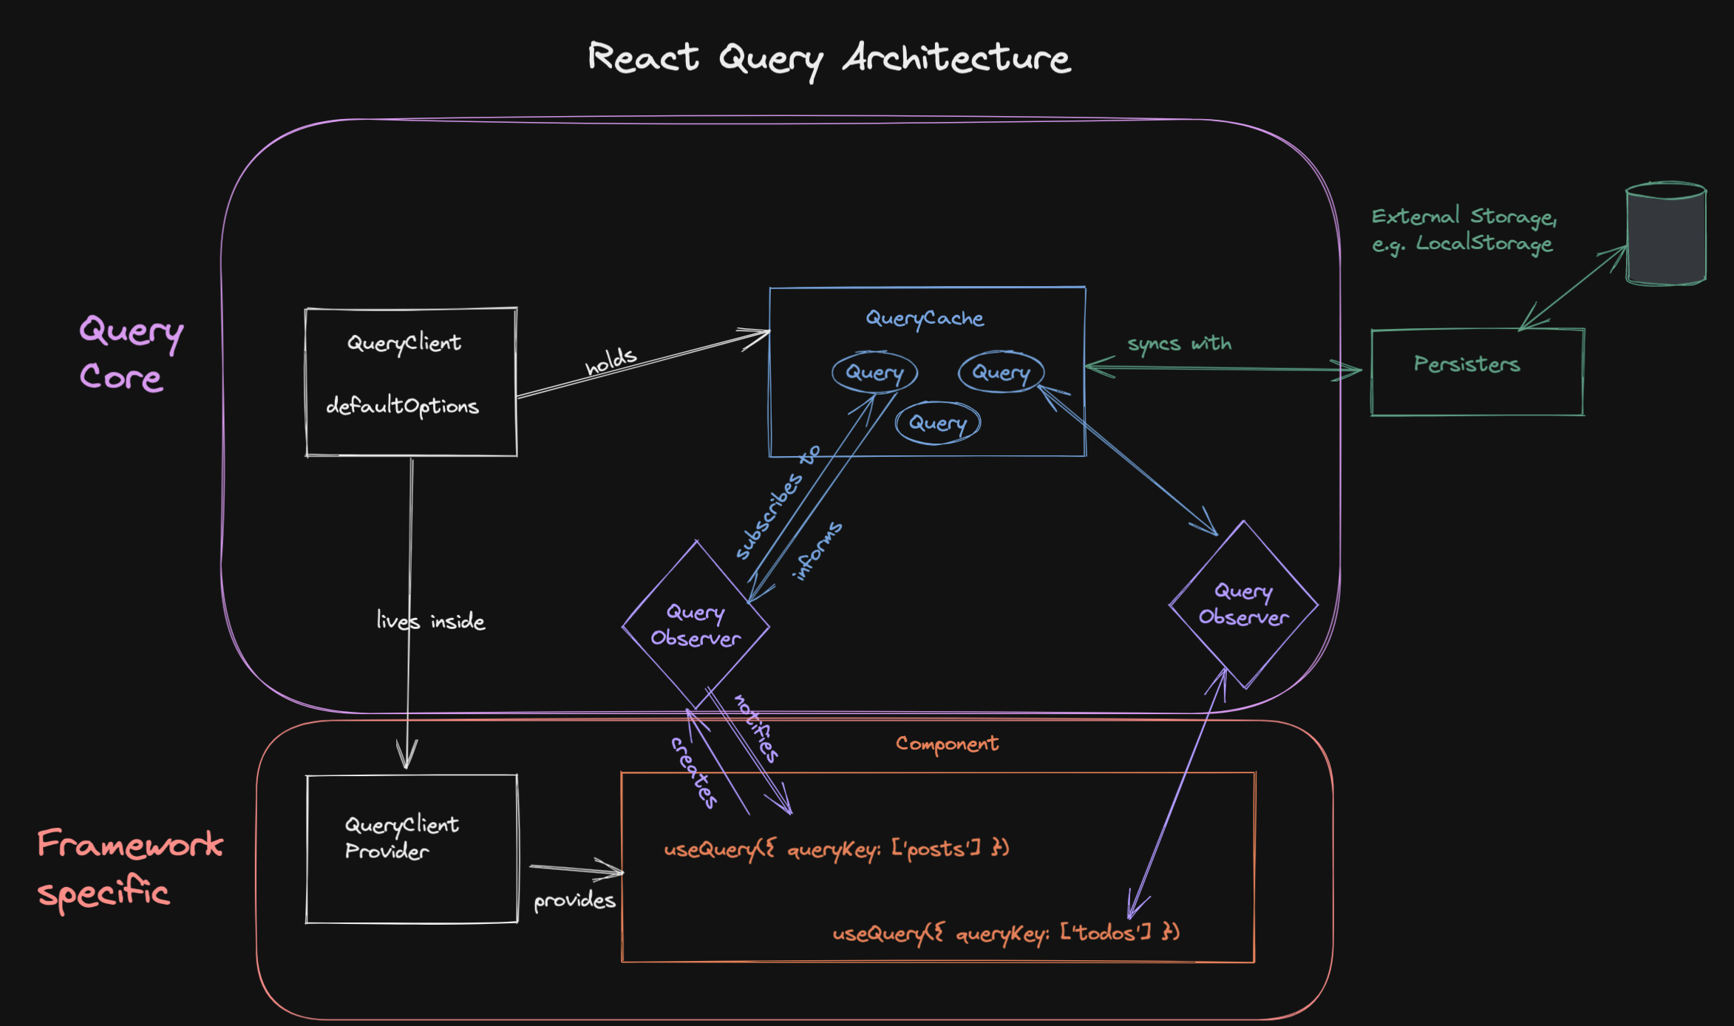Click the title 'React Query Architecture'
coord(829,59)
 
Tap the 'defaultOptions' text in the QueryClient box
coord(403,406)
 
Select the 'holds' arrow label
coord(611,361)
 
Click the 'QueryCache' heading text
coord(925,319)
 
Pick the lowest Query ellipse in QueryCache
coord(937,424)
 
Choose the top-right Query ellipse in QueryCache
coord(1001,373)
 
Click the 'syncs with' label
coord(1179,344)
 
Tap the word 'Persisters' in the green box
coord(1466,364)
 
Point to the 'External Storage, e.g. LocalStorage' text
coord(1463,230)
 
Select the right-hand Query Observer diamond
coord(1243,605)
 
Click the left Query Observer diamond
coord(696,625)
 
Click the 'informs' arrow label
coord(817,551)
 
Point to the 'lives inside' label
coord(431,621)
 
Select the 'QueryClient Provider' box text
coord(401,838)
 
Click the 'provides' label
coord(574,900)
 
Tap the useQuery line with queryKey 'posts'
coord(836,849)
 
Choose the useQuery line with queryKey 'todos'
coord(1005,934)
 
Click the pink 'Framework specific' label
coord(129,868)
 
